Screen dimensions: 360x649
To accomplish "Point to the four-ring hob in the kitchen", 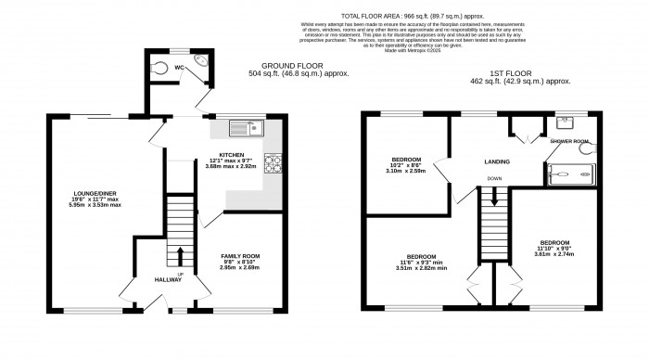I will click(274, 164).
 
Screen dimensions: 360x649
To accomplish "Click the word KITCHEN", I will click(231, 155).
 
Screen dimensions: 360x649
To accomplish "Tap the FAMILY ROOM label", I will click(239, 256).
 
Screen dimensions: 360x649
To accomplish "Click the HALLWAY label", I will click(168, 279).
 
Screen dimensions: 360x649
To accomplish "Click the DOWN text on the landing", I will click(496, 178).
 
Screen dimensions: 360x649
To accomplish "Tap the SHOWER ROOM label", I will click(568, 142).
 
